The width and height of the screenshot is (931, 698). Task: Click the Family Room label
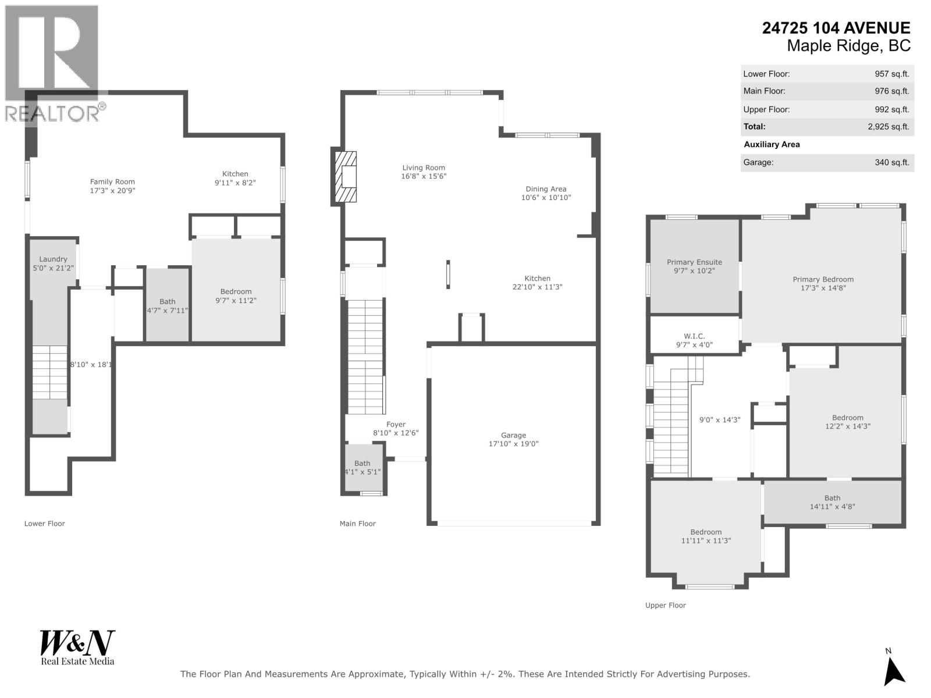click(x=112, y=182)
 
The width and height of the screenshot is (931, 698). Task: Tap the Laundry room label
click(x=53, y=259)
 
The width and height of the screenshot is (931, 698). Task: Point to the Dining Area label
click(x=546, y=189)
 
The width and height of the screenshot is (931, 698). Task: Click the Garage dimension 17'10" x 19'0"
click(x=513, y=444)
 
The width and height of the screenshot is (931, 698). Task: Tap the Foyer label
click(x=396, y=425)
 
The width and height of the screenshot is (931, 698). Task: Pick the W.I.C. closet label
click(x=694, y=336)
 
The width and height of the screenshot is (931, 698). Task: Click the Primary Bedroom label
click(x=823, y=280)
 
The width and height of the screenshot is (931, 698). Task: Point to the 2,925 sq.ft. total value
click(x=888, y=127)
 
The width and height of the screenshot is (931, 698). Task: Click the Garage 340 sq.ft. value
click(x=891, y=163)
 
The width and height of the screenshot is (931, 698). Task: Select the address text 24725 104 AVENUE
click(x=836, y=28)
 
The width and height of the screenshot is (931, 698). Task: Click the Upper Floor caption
click(x=665, y=606)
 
